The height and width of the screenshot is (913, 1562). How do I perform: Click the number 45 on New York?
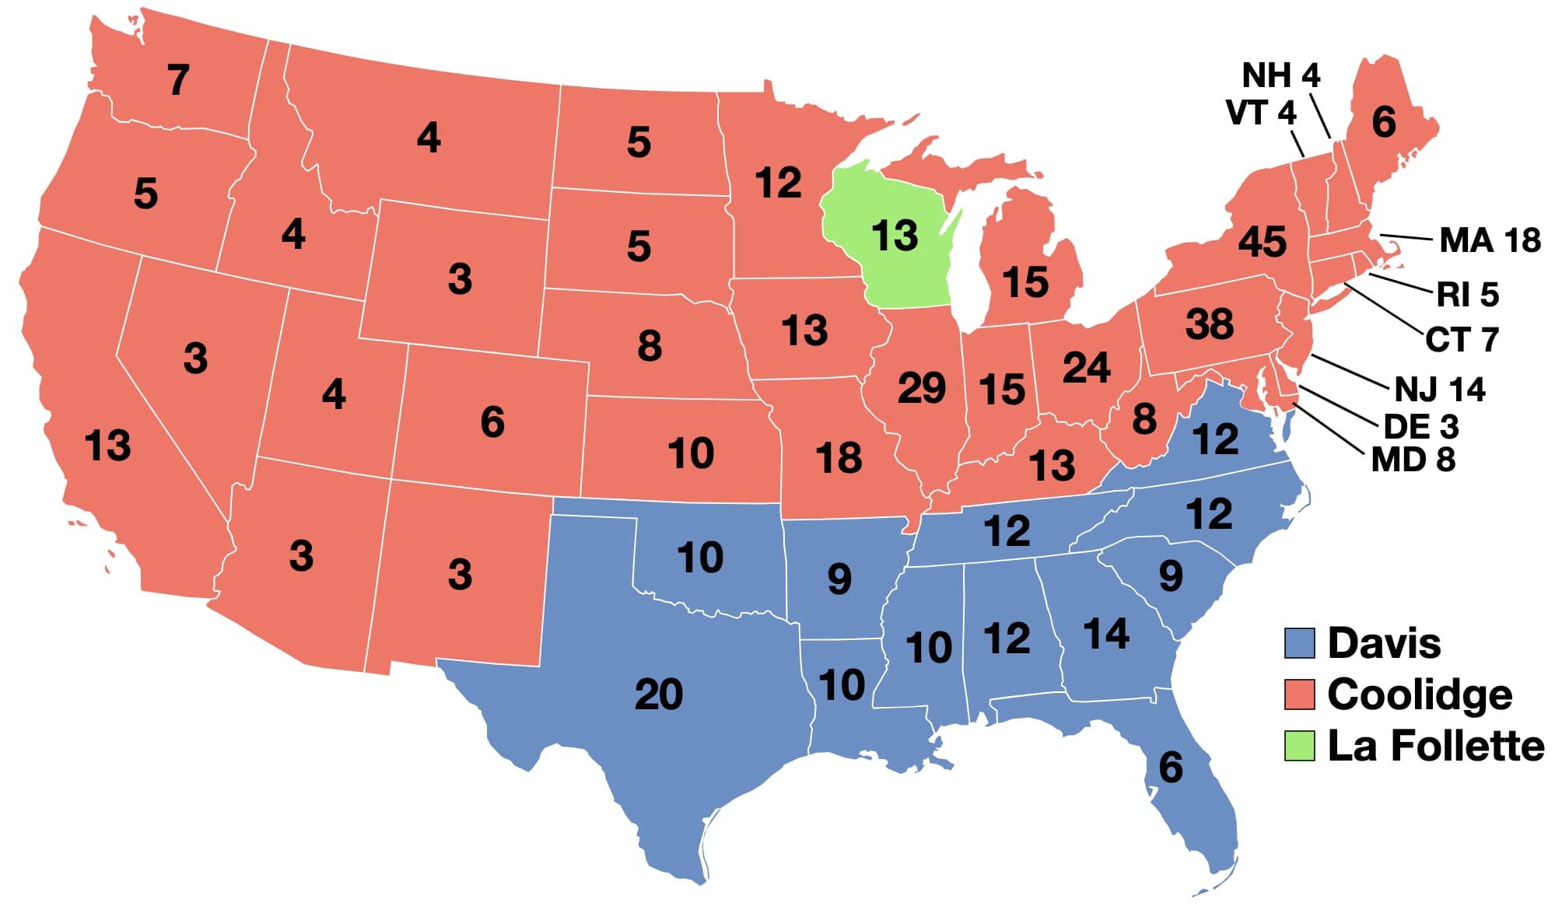point(1262,242)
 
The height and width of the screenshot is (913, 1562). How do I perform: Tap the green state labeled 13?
point(895,236)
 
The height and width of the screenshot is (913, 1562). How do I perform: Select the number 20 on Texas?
point(658,694)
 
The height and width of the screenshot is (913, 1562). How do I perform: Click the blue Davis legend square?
point(1299,643)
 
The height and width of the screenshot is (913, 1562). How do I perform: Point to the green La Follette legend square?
point(1299,746)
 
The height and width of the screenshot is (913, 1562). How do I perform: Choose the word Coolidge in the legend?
point(1420,694)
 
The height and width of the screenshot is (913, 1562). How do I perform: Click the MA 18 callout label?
point(1490,240)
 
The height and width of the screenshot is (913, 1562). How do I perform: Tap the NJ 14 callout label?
point(1439,389)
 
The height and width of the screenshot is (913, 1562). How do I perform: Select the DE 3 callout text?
point(1420,426)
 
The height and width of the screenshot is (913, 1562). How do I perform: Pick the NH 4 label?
point(1280,75)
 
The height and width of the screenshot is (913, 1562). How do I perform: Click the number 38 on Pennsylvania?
point(1209,324)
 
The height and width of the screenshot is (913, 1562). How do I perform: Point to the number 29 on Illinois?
point(921,387)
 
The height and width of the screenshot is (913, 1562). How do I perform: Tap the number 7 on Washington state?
point(178,80)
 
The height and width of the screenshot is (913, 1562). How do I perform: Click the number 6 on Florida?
point(1170,768)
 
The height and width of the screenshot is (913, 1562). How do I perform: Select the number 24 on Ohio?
point(1086,367)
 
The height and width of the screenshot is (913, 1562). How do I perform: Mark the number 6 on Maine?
point(1383,122)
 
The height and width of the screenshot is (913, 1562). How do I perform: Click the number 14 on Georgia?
point(1105,633)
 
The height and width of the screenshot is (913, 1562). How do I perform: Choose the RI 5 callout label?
point(1466,295)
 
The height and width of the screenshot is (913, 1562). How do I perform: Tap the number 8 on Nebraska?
point(650,345)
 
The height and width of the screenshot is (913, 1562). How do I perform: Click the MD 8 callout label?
point(1413,460)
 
